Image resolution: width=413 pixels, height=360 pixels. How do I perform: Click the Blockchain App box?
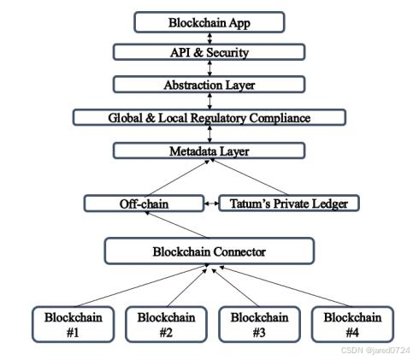(209, 22)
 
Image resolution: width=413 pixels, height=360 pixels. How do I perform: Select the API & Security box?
(209, 52)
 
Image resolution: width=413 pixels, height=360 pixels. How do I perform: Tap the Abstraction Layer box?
(209, 85)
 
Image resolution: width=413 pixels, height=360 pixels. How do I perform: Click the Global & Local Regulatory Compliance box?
(209, 117)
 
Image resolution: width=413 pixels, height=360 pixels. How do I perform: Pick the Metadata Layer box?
(209, 150)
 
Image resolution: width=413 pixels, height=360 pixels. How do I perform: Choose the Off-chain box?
(144, 204)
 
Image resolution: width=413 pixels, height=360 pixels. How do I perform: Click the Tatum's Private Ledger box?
(289, 204)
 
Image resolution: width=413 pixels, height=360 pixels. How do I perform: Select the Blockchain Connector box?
(209, 251)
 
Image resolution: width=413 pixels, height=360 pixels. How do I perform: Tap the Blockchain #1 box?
(74, 324)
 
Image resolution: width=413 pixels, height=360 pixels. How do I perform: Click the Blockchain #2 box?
(166, 324)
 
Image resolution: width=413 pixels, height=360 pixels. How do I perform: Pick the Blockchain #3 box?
(259, 324)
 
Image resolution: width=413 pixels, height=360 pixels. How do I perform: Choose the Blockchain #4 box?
(352, 324)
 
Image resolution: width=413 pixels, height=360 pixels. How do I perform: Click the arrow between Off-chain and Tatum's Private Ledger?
(211, 204)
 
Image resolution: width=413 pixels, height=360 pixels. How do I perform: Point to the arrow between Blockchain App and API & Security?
(209, 38)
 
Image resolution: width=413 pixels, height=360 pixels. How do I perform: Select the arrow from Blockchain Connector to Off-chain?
(177, 225)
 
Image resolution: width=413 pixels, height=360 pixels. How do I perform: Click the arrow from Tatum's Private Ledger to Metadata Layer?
(249, 177)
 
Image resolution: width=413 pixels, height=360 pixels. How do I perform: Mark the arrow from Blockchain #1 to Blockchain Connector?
(142, 286)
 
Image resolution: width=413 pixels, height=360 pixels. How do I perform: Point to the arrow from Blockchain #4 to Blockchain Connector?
(285, 286)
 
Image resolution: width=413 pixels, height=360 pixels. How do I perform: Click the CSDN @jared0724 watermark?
(375, 351)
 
